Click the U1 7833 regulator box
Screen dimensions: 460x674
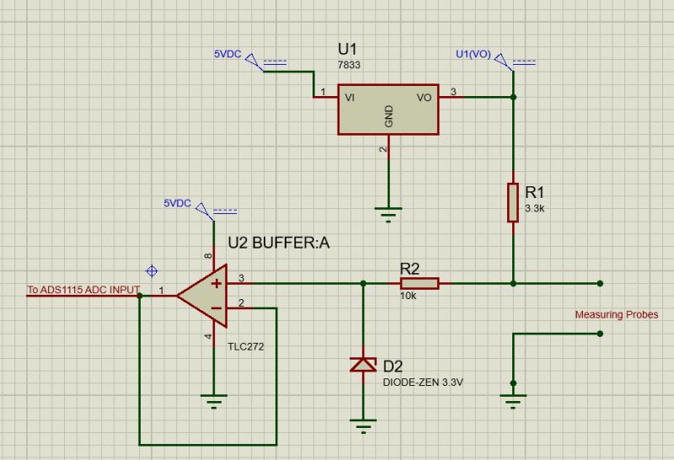pyautogui.click(x=388, y=109)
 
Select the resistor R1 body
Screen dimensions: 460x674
pyautogui.click(x=512, y=201)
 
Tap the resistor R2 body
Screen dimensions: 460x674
pyautogui.click(x=418, y=283)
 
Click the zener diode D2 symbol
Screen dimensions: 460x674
pyautogui.click(x=363, y=364)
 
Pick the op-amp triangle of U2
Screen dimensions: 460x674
pyautogui.click(x=205, y=294)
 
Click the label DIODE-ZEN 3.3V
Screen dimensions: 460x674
pyautogui.click(x=423, y=382)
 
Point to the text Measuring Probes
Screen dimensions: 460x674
pyautogui.click(x=617, y=315)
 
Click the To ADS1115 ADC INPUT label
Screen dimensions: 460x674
pyautogui.click(x=83, y=290)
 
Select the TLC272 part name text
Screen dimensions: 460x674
pyautogui.click(x=246, y=345)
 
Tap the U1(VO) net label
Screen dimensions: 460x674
pyautogui.click(x=473, y=55)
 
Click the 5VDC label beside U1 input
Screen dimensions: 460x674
pyautogui.click(x=227, y=55)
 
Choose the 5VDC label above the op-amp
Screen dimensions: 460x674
pyautogui.click(x=178, y=204)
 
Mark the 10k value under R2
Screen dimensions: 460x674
pyautogui.click(x=409, y=297)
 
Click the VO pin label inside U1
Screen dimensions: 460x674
pyautogui.click(x=425, y=98)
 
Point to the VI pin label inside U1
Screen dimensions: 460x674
pyautogui.click(x=350, y=98)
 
